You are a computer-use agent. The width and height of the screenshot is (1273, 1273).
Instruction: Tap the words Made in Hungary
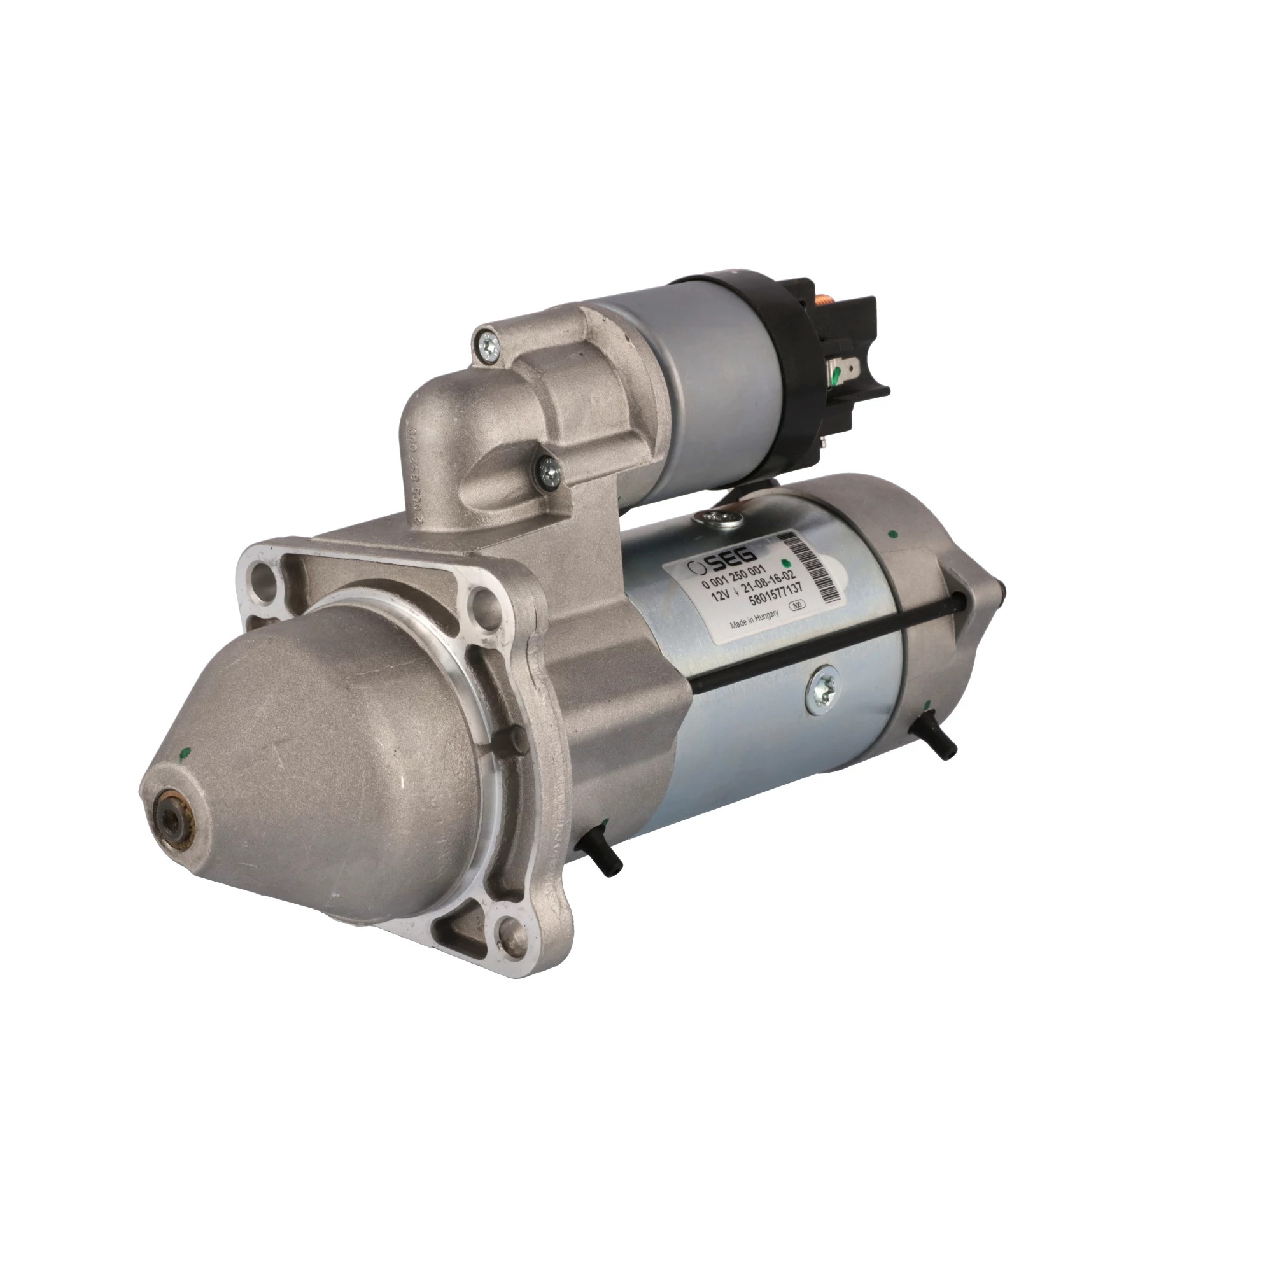[x=754, y=620]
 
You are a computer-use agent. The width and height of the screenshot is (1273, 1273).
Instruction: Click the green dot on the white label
[x=785, y=563]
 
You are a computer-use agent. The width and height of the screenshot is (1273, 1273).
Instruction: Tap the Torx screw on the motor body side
[x=823, y=689]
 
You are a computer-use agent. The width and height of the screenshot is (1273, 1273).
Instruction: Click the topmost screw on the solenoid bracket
[x=488, y=342]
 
